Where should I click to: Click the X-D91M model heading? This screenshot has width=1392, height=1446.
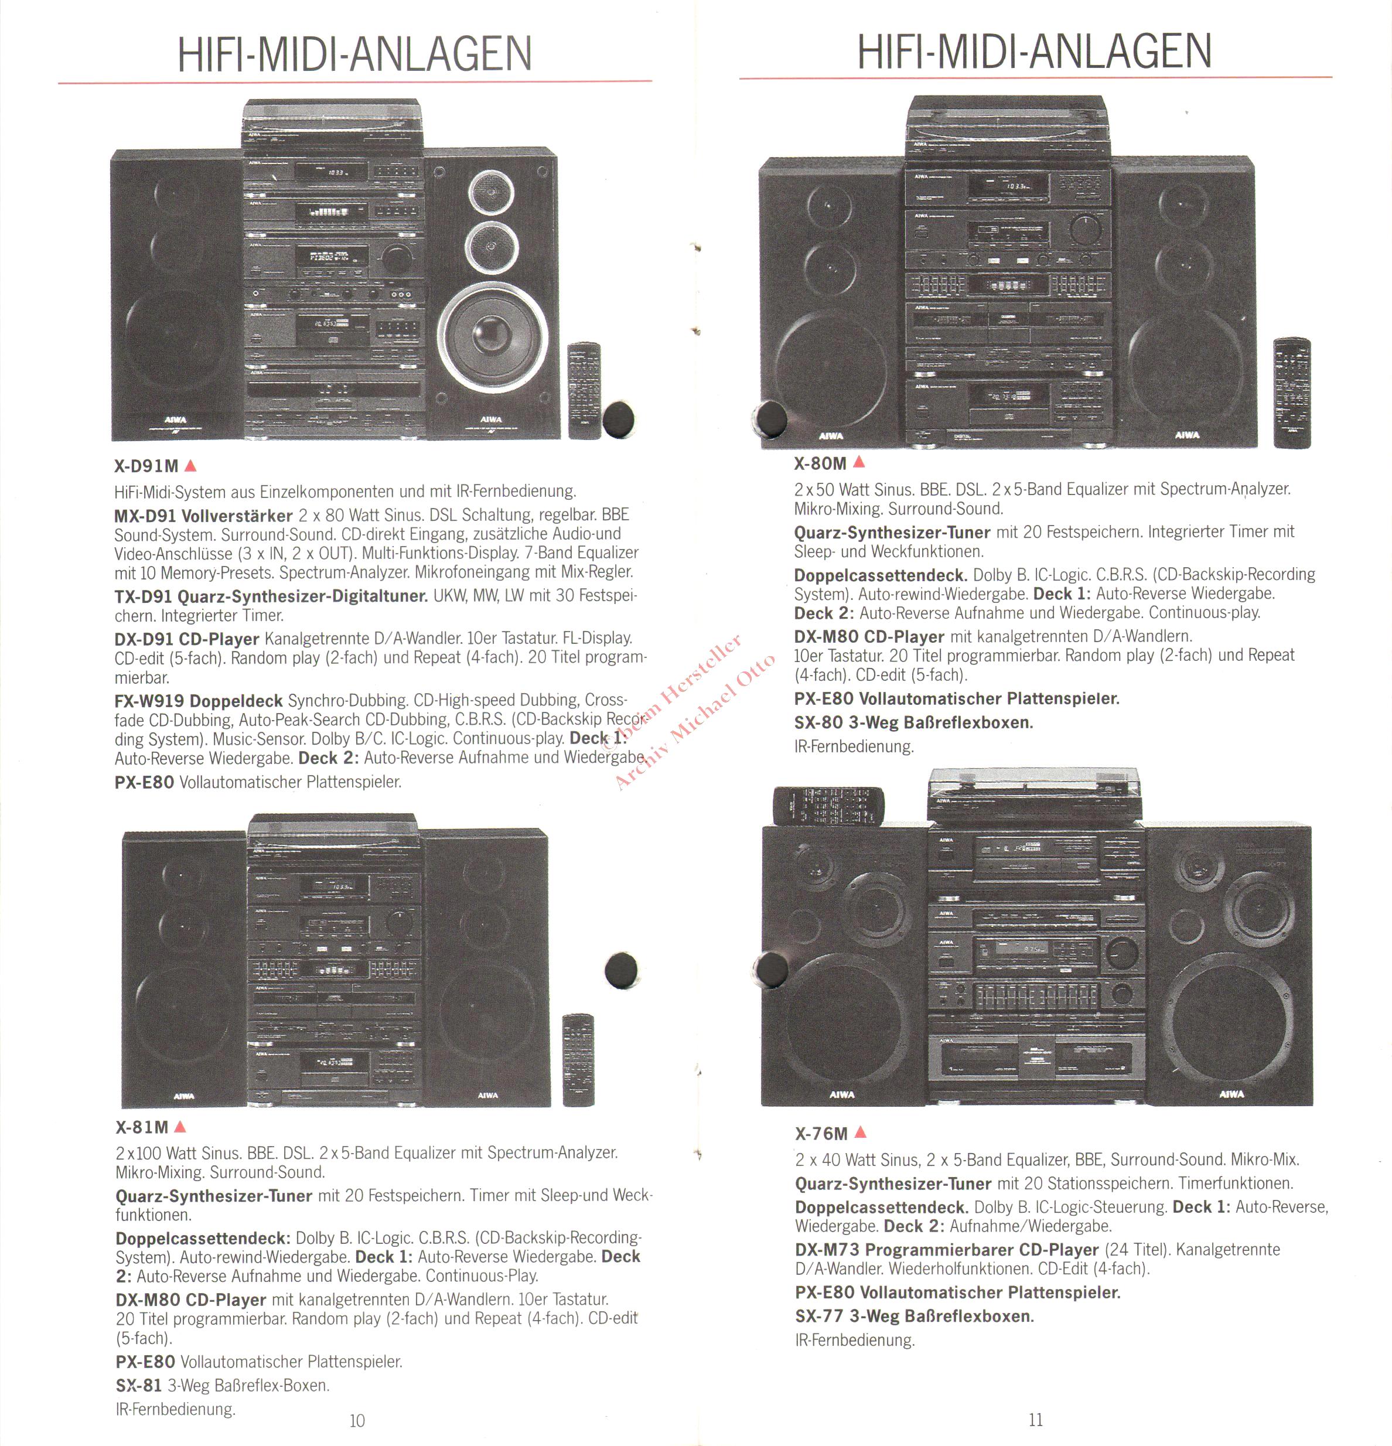(146, 466)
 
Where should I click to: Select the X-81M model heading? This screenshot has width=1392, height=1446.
(142, 1127)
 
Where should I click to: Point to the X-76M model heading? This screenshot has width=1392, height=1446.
(821, 1133)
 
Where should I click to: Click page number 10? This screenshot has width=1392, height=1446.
(357, 1420)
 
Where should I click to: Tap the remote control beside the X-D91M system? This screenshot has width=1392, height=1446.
(584, 390)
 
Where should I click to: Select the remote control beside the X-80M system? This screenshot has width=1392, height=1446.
(1292, 393)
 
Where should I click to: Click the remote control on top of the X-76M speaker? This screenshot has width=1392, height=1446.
(828, 805)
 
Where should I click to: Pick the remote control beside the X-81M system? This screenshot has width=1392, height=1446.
(578, 1060)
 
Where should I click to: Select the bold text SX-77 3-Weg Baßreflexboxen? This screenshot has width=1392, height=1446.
(914, 1315)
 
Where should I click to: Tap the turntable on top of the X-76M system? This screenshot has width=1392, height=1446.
(1033, 795)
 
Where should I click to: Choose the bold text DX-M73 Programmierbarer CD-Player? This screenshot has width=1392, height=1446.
(947, 1250)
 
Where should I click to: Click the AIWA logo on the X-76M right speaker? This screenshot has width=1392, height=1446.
(1231, 1094)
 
